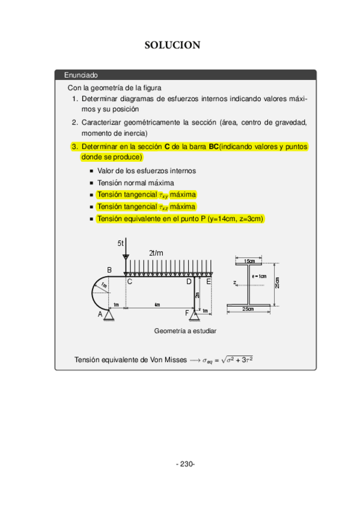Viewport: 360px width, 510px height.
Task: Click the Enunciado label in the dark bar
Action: click(81, 75)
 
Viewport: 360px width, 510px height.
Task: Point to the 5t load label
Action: click(120, 243)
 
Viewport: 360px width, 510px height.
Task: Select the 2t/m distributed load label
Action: click(156, 253)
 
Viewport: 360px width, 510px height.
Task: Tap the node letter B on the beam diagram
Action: click(109, 269)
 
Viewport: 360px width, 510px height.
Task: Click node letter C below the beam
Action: click(129, 281)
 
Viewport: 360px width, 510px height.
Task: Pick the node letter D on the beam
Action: click(188, 281)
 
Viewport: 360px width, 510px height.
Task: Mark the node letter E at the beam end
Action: click(208, 281)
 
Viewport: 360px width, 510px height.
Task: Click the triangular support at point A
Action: click(109, 314)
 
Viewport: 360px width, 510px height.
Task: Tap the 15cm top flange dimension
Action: click(248, 261)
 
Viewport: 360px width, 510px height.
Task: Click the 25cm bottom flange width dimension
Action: click(248, 309)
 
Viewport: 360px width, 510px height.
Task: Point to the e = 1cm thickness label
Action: click(259, 276)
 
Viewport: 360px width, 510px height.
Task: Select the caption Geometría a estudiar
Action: click(185, 331)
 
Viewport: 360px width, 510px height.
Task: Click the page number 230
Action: click(185, 464)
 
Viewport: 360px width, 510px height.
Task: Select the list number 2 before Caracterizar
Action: click(74, 123)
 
